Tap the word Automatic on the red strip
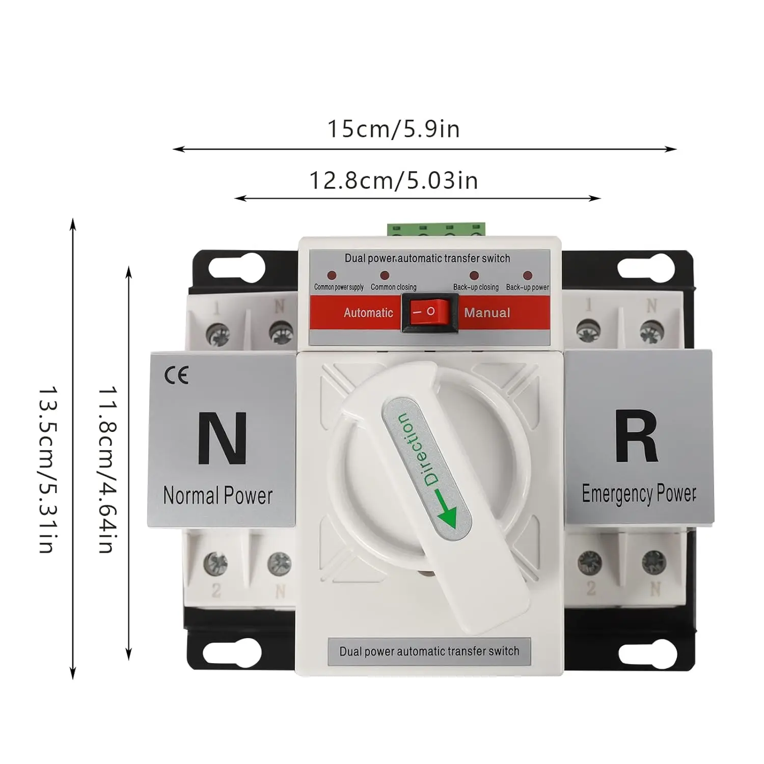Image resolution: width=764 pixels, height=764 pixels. point(368,313)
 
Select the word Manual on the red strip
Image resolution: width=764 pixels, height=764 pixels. point(487,313)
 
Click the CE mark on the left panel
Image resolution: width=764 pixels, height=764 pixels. point(176,376)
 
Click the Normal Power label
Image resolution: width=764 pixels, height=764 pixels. point(218,496)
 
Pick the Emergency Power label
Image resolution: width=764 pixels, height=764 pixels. point(639,493)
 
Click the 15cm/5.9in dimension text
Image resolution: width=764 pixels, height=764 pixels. point(393,129)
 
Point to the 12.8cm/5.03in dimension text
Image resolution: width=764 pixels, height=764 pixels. point(393,181)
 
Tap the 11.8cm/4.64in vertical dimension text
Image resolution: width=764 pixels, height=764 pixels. point(107,469)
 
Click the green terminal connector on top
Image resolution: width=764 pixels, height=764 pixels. point(436,230)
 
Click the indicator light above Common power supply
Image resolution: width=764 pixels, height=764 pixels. point(332,276)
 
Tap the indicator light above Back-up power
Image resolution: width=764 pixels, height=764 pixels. point(528,276)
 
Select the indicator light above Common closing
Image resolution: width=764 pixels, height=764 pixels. point(385,276)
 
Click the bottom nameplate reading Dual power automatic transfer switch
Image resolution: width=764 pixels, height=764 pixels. point(429,651)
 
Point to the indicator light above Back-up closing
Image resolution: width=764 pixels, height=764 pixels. point(474,276)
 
